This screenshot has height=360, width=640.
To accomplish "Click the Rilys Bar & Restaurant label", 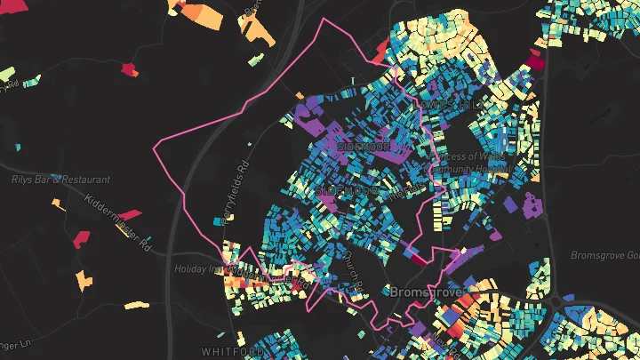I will pyautogui.click(x=53, y=179).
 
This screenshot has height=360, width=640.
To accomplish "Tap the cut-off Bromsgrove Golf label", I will pyautogui.click(x=604, y=255).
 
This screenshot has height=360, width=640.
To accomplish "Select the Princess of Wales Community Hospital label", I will pyautogui.click(x=469, y=164).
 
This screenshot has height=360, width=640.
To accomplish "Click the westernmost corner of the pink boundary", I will pyautogui.click(x=156, y=146).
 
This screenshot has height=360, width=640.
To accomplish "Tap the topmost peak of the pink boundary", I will pyautogui.click(x=324, y=18).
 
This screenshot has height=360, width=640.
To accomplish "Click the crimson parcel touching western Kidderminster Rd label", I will pyautogui.click(x=130, y=214).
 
